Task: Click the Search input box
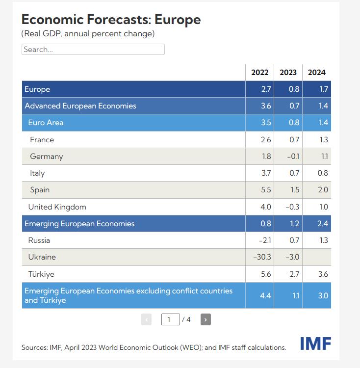tap(93, 50)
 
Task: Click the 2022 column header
tap(259, 72)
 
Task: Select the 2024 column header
tap(316, 72)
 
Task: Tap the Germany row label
tap(47, 157)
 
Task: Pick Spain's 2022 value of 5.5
tap(265, 190)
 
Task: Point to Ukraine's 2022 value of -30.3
tap(262, 257)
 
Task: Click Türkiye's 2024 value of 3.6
tap(323, 274)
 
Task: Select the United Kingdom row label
tap(57, 207)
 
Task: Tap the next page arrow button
tap(206, 320)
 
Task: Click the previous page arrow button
tap(146, 320)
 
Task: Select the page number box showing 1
tap(170, 320)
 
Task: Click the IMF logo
tap(315, 343)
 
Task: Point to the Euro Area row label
tap(46, 123)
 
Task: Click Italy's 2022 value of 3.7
tap(265, 173)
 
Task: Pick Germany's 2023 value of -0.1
tap(292, 157)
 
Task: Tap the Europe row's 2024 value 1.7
tap(323, 89)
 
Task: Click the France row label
tap(42, 140)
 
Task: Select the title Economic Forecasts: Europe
tap(111, 20)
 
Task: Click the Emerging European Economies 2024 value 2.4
tap(323, 224)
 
